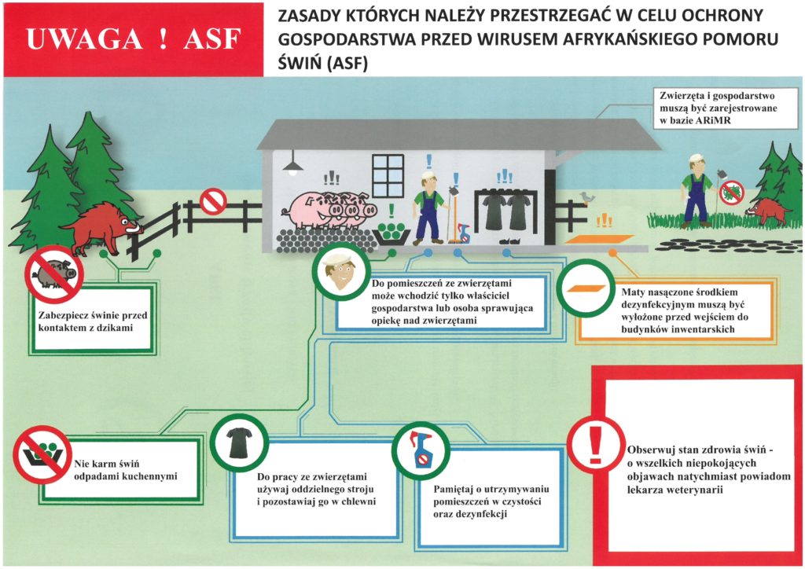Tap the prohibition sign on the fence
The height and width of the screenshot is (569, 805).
pyautogui.click(x=213, y=201)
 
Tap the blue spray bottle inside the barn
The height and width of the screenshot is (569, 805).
pyautogui.click(x=464, y=233)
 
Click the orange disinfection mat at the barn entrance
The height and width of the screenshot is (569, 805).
pyautogui.click(x=600, y=239)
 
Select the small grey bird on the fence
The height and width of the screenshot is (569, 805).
pyautogui.click(x=586, y=196)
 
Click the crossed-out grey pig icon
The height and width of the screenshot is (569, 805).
pyautogui.click(x=54, y=274)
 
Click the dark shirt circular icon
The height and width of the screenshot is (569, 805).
pyautogui.click(x=239, y=442)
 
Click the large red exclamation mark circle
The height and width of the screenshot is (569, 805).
pyautogui.click(x=596, y=443)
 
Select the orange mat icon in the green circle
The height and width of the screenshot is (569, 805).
pyautogui.click(x=585, y=288)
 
